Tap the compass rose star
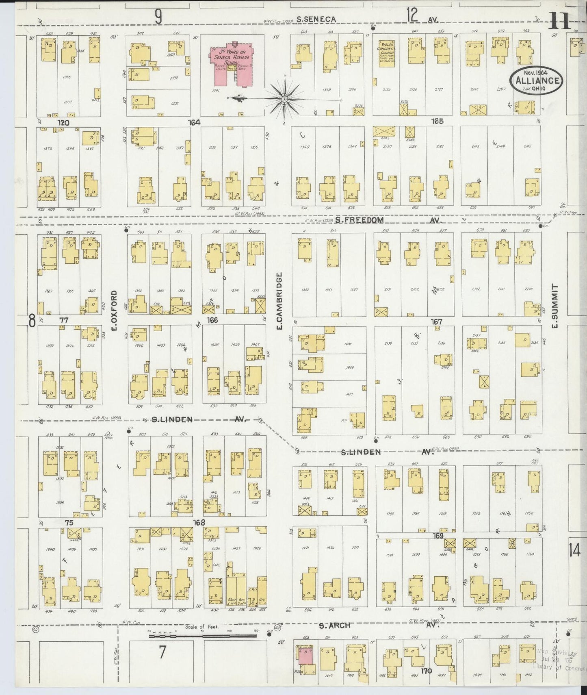(x=285, y=99)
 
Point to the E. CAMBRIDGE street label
(x=279, y=300)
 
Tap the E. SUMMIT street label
(x=555, y=306)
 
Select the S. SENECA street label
(x=316, y=19)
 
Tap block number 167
(x=436, y=321)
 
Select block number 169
(x=438, y=536)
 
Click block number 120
(x=63, y=123)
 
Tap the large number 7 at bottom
(x=162, y=652)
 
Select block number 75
(x=69, y=523)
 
